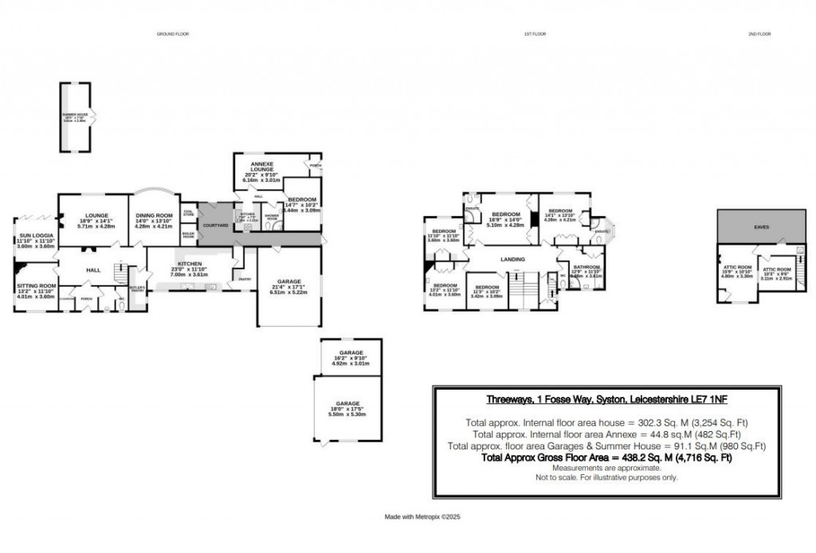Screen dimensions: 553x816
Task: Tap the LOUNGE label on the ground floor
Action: coord(96,215)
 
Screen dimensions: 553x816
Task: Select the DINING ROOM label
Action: coord(154,215)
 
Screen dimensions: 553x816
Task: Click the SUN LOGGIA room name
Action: coord(29,237)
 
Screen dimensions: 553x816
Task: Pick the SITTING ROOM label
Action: coord(36,285)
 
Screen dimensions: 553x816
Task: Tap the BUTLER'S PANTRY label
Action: coord(138,288)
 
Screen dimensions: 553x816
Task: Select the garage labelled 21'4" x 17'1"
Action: coord(289,282)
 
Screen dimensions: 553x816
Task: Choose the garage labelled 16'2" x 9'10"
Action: coord(351,352)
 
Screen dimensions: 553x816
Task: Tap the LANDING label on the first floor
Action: coord(512,259)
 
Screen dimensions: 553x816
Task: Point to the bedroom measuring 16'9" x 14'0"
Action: coord(505,215)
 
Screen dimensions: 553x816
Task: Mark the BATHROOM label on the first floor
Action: coord(586,267)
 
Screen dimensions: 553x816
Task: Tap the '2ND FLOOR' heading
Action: coord(759,34)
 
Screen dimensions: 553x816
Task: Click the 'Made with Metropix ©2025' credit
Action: coord(422,517)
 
